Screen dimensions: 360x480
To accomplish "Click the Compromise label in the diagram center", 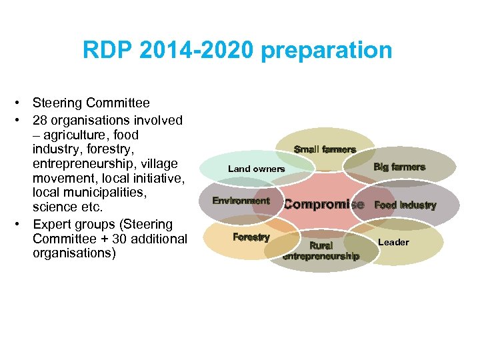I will click(324, 205).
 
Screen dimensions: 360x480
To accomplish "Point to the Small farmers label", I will click(325, 149).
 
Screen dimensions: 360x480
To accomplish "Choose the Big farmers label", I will click(399, 167).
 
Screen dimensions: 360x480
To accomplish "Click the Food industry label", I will click(405, 205).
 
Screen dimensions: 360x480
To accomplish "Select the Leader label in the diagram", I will click(393, 242).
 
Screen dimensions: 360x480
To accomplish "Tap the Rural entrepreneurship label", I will click(321, 251).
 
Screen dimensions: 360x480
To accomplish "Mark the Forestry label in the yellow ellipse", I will click(251, 237).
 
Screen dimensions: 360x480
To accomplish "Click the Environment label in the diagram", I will click(241, 201).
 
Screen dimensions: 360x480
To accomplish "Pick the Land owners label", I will click(256, 169).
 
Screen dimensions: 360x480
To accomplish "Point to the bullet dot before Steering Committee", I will click(22, 103).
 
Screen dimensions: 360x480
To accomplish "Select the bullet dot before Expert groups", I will click(22, 224).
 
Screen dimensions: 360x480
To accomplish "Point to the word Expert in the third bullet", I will click(51, 224).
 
